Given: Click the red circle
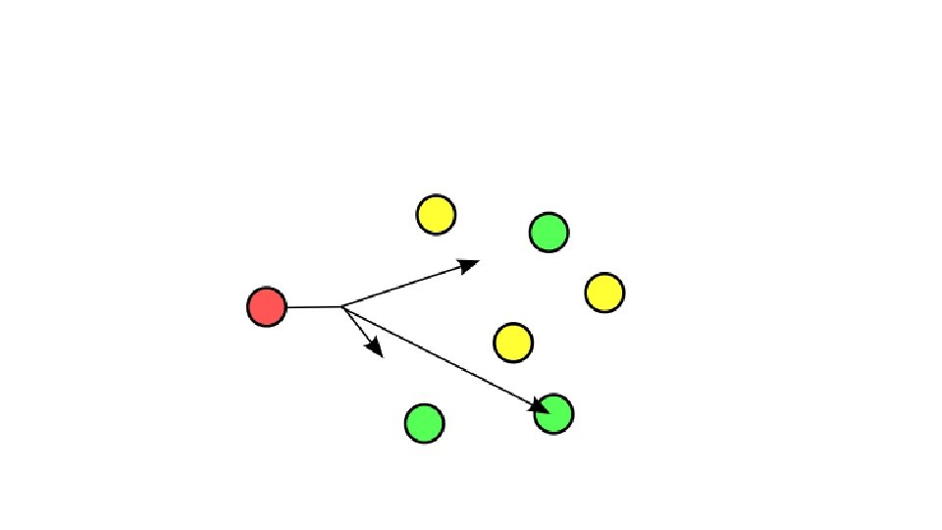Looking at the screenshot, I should [x=266, y=307].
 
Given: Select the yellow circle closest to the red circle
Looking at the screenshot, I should [x=436, y=214].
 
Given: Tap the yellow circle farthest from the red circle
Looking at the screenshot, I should [x=604, y=292].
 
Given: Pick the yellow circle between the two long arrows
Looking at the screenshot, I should [x=512, y=343].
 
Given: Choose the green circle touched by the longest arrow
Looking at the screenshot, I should [x=554, y=414].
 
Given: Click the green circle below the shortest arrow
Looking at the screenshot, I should [x=424, y=423].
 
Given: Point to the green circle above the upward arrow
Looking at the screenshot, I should [x=549, y=232].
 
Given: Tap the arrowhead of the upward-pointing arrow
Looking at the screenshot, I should [x=470, y=263].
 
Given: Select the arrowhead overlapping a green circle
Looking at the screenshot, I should [x=540, y=405].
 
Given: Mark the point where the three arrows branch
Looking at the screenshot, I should [x=341, y=307].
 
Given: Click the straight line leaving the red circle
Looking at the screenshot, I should [x=314, y=307].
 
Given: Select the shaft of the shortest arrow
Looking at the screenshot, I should [x=356, y=328].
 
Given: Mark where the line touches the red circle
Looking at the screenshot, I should [x=287, y=307].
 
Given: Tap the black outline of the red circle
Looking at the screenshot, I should [x=266, y=288].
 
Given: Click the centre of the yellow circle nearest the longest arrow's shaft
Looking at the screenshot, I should [x=512, y=343].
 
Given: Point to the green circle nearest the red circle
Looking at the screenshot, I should [x=424, y=423].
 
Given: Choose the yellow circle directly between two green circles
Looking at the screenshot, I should [x=604, y=292].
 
